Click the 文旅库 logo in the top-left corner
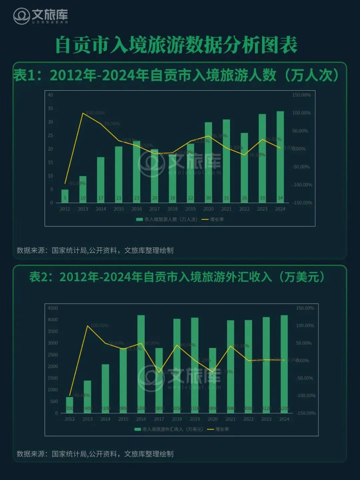[40, 16]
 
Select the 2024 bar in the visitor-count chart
[280, 157]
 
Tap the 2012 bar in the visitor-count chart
[65, 196]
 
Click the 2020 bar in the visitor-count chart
[208, 162]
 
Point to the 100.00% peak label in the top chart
[95, 113]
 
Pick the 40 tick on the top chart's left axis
[50, 95]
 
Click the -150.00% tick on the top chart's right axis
[302, 203]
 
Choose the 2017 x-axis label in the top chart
[154, 209]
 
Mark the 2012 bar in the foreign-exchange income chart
[69, 405]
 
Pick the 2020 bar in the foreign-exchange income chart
[213, 380]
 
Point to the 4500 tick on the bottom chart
[53, 308]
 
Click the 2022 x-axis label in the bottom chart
[248, 419]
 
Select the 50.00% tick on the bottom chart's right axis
[304, 343]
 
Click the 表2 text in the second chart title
[39, 277]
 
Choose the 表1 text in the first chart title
[24, 75]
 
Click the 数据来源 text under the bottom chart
[31, 454]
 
